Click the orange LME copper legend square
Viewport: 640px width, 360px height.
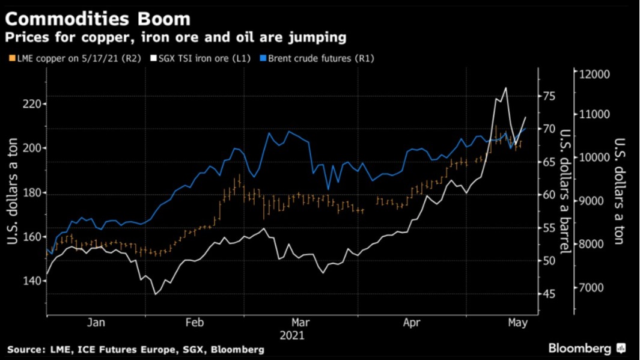[11, 58]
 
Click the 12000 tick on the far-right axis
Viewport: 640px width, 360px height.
[595, 74]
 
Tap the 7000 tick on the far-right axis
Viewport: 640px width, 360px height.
[593, 288]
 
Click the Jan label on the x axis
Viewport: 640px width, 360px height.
[96, 323]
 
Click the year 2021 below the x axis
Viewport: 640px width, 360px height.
[291, 335]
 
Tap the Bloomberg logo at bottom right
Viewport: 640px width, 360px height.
[585, 348]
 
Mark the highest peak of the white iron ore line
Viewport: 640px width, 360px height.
[506, 88]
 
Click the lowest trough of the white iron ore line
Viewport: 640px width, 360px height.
[156, 294]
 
